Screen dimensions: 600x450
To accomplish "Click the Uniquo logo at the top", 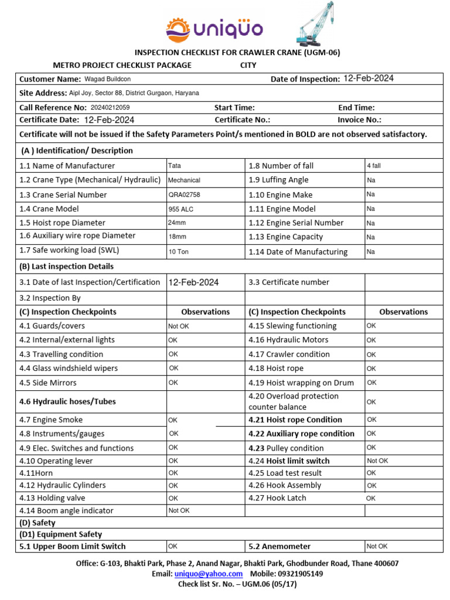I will tap(214, 28).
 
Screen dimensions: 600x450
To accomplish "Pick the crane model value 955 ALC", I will tap(180, 209).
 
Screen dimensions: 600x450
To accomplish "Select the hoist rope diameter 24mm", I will tap(177, 223).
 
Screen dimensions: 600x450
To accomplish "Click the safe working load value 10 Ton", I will tap(178, 251).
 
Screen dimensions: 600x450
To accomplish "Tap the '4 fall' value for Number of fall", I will tap(373, 166).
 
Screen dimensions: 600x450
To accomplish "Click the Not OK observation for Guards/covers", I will tap(179, 326).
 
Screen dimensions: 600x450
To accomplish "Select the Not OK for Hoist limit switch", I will tap(377, 461).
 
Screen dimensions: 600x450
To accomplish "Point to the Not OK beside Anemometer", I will tap(377, 546).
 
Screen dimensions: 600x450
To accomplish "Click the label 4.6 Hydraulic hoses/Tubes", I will tap(67, 401).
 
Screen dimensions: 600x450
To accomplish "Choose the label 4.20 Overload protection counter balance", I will tap(293, 401).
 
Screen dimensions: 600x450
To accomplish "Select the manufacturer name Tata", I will tap(174, 166).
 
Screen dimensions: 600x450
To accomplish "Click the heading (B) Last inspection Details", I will tap(67, 266).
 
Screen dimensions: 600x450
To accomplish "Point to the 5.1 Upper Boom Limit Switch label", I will tap(73, 546).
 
